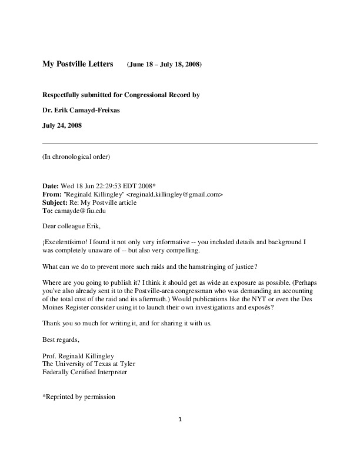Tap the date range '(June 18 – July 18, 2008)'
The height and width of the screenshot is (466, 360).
[x=164, y=65]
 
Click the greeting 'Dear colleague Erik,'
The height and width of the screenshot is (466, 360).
[x=72, y=225]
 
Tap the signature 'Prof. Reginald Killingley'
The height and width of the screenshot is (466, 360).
[x=79, y=356]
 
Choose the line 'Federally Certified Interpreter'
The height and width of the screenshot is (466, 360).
[x=84, y=372]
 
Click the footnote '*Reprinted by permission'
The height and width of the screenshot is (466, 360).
[x=79, y=397]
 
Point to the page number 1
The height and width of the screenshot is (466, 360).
[x=181, y=419]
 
